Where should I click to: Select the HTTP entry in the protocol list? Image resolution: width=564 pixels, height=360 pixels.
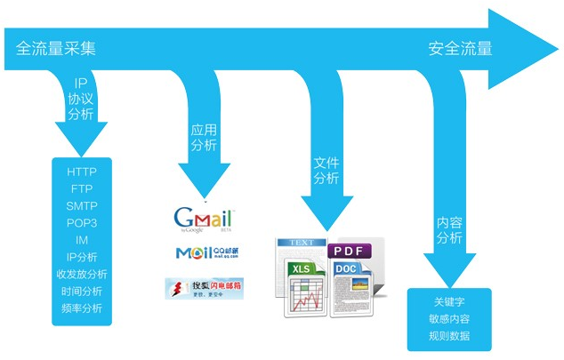(82, 171)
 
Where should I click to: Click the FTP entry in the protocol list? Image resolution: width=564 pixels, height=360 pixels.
(82, 188)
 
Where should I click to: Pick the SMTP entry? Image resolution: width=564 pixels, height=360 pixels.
(82, 205)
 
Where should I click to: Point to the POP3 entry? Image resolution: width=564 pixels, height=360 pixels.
(82, 222)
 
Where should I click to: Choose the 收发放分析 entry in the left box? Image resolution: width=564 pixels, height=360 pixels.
(82, 274)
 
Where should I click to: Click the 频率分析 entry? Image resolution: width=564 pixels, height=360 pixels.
(82, 308)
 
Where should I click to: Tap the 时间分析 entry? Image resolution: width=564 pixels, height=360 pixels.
(82, 291)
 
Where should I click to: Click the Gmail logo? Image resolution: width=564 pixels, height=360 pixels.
(203, 219)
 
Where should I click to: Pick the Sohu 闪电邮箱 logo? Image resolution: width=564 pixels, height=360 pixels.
(204, 287)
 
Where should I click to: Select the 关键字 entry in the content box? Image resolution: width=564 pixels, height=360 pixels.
(447, 301)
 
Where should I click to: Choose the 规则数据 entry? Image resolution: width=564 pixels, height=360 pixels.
(447, 336)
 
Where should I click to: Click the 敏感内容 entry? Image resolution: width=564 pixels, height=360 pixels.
(447, 318)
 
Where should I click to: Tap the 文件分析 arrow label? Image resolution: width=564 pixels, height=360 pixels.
(326, 171)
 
